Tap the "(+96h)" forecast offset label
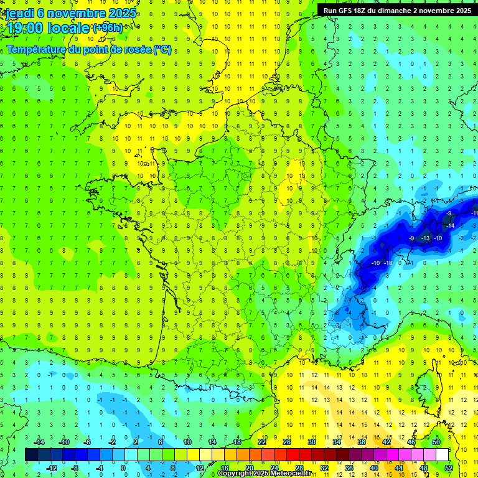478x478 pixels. pos(108,28)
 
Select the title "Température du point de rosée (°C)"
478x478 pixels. pos(89,49)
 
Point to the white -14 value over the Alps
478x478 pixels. pos(450,225)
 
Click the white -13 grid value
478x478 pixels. pos(426,238)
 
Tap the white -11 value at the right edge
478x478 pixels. pos(474,213)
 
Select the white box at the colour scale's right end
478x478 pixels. pos(442,455)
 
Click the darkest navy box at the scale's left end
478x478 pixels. pos(31,455)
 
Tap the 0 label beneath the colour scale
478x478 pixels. pos(123,467)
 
